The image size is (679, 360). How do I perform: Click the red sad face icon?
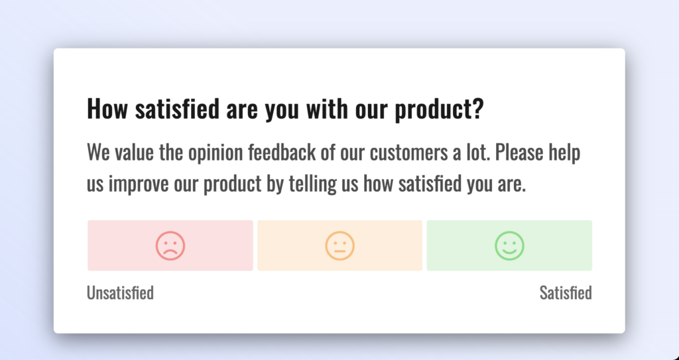pos(170,245)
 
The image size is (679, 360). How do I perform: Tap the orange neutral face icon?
pos(340,245)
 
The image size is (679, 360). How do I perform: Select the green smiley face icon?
pos(510,245)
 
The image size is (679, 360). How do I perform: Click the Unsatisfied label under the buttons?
pos(121,293)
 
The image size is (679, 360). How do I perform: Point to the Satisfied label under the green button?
pos(566,293)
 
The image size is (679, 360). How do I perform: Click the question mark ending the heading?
pos(477,108)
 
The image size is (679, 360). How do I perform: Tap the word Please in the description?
pos(519,152)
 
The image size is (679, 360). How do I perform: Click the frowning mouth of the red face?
pos(170,251)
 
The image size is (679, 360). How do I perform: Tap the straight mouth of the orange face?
pos(340,251)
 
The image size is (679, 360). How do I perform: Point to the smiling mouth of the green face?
pos(510,252)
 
